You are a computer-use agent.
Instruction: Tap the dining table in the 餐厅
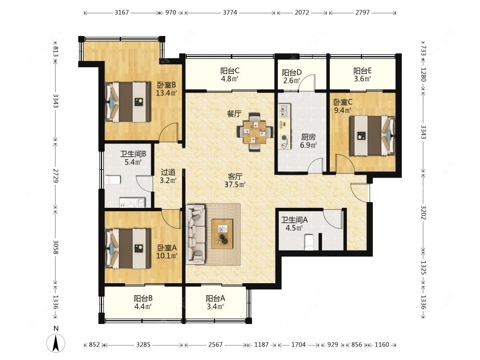[x=255, y=132]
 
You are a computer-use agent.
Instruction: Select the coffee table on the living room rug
[x=222, y=234]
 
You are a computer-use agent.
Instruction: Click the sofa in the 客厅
[x=196, y=234]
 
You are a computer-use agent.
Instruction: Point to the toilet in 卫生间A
[x=310, y=242]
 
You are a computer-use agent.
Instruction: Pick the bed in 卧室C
[x=372, y=135]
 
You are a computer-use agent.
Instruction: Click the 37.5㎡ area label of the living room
[x=235, y=184]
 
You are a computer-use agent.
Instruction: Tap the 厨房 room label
[x=308, y=137]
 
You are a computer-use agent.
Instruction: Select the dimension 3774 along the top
[x=229, y=12]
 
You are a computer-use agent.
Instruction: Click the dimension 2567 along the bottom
[x=215, y=345]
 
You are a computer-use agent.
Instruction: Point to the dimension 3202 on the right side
[x=423, y=212]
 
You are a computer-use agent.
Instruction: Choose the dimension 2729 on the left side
[x=55, y=175]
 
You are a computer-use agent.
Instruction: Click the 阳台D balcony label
[x=292, y=72]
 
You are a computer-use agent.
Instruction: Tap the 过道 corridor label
[x=168, y=172]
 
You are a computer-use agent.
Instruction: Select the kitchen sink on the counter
[x=284, y=111]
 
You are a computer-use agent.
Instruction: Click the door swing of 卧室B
[x=169, y=132]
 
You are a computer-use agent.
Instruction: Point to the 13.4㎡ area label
[x=167, y=93]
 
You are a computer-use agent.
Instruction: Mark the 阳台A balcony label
[x=216, y=298]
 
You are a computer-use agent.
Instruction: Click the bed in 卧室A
[x=128, y=249]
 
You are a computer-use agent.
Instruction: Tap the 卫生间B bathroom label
[x=133, y=154]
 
